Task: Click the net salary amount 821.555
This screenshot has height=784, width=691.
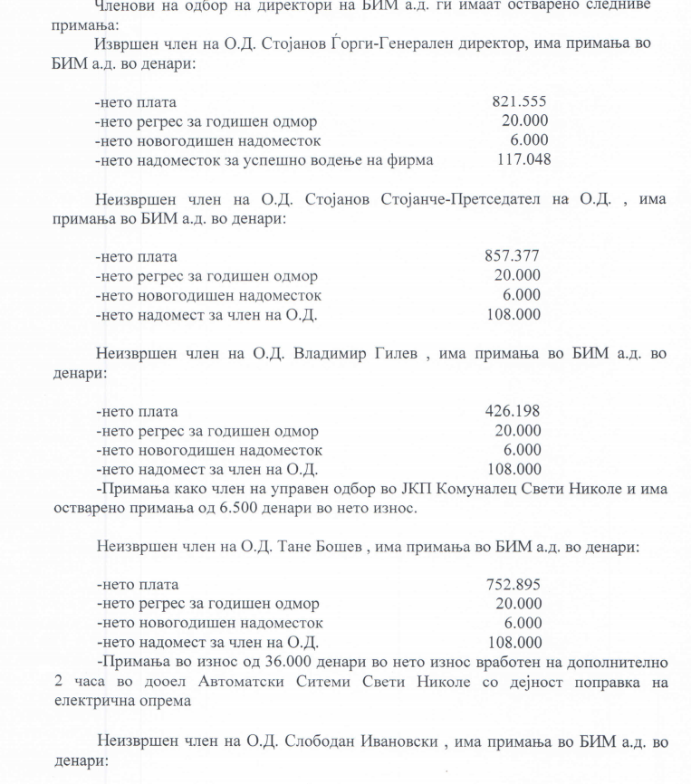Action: [x=519, y=101]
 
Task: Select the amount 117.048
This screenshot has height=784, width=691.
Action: [x=524, y=160]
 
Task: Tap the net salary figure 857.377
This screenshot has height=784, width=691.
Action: [x=513, y=256]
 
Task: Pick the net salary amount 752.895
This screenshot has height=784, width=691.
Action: [x=514, y=585]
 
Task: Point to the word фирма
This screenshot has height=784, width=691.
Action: [x=413, y=160]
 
